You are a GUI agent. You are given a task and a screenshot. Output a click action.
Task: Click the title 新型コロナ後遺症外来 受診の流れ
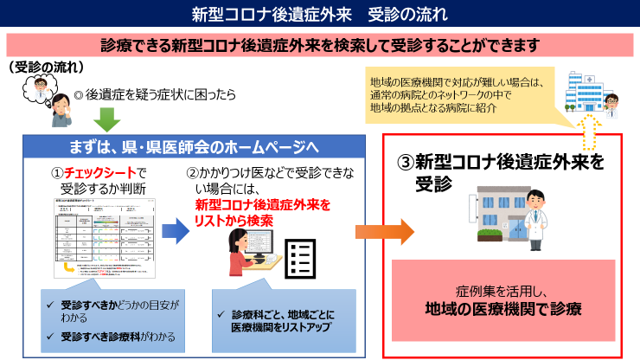click(319, 14)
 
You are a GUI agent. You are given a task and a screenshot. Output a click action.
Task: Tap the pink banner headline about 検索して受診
click(319, 44)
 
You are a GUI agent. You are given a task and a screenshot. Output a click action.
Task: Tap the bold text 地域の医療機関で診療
click(502, 308)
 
